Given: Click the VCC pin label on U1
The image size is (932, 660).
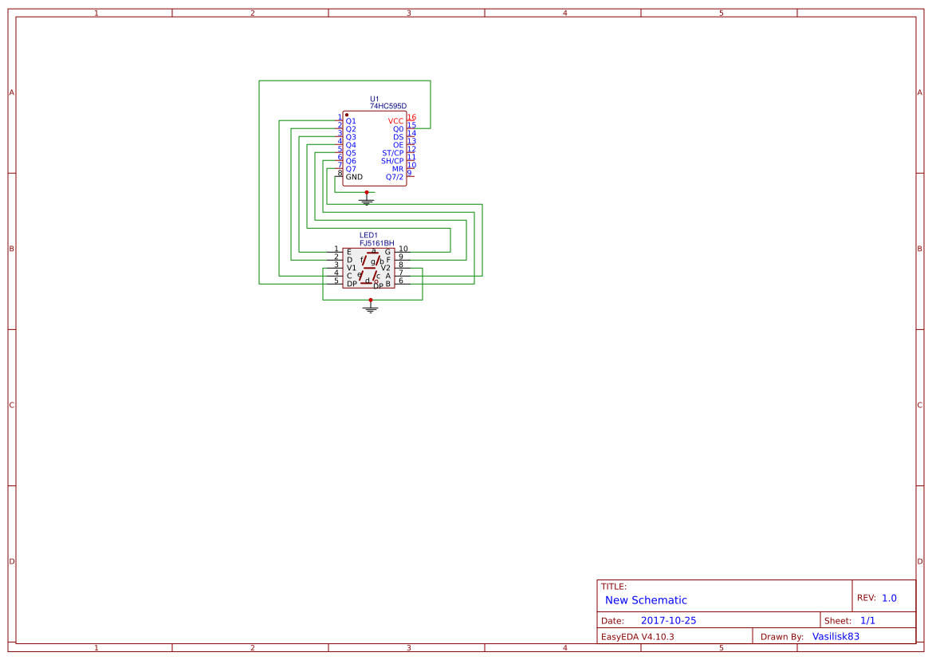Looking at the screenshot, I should point(395,121).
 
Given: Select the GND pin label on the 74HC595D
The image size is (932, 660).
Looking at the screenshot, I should point(354,177).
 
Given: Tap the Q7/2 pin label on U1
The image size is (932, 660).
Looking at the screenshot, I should point(395,177).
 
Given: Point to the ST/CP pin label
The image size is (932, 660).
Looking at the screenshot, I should point(392,153).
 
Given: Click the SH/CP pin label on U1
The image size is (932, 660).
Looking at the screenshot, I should point(392,161).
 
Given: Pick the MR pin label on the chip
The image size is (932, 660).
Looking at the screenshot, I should point(397,169).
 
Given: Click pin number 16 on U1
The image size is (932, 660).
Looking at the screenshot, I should point(411,117).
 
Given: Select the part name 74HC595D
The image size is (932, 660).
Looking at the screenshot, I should point(388,106).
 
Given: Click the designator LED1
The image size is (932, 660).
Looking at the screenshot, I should point(368,235).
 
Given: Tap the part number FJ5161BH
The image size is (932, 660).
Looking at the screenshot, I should point(377,243).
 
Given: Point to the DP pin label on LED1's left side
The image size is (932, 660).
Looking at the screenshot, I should point(352,284).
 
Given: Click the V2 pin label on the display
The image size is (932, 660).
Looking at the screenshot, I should point(386,268).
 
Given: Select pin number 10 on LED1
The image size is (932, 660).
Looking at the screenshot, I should point(403,249).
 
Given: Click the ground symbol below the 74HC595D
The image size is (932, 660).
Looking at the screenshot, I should point(367,201).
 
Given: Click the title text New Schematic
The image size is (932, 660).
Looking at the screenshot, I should point(646,600).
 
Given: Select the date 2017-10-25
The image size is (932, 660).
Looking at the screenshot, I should point(668,620).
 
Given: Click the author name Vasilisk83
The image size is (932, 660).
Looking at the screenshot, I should point(836,636).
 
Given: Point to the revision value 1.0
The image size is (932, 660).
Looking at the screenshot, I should point(889,598).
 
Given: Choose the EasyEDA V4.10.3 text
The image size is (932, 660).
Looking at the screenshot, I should point(637,636).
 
